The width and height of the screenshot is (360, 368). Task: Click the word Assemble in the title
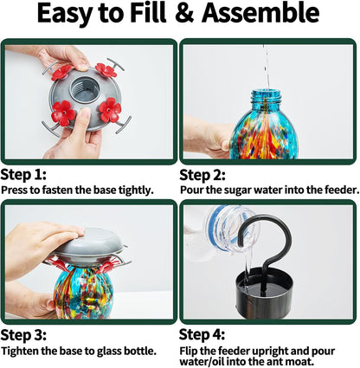pyautogui.click(x=260, y=13)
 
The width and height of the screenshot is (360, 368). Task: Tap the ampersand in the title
pyautogui.click(x=184, y=13)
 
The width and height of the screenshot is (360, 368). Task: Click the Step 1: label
pyautogui.click(x=23, y=175)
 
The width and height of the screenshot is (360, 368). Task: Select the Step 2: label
pyautogui.click(x=202, y=175)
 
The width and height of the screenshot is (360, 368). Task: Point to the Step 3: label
pyautogui.click(x=23, y=335)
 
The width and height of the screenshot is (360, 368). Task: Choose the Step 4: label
pyautogui.click(x=202, y=335)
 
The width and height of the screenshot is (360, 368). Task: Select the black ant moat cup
pyautogui.click(x=264, y=293)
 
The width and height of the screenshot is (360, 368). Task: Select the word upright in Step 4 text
pyautogui.click(x=270, y=352)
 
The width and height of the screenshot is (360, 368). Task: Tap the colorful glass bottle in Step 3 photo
pyautogui.click(x=82, y=292)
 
